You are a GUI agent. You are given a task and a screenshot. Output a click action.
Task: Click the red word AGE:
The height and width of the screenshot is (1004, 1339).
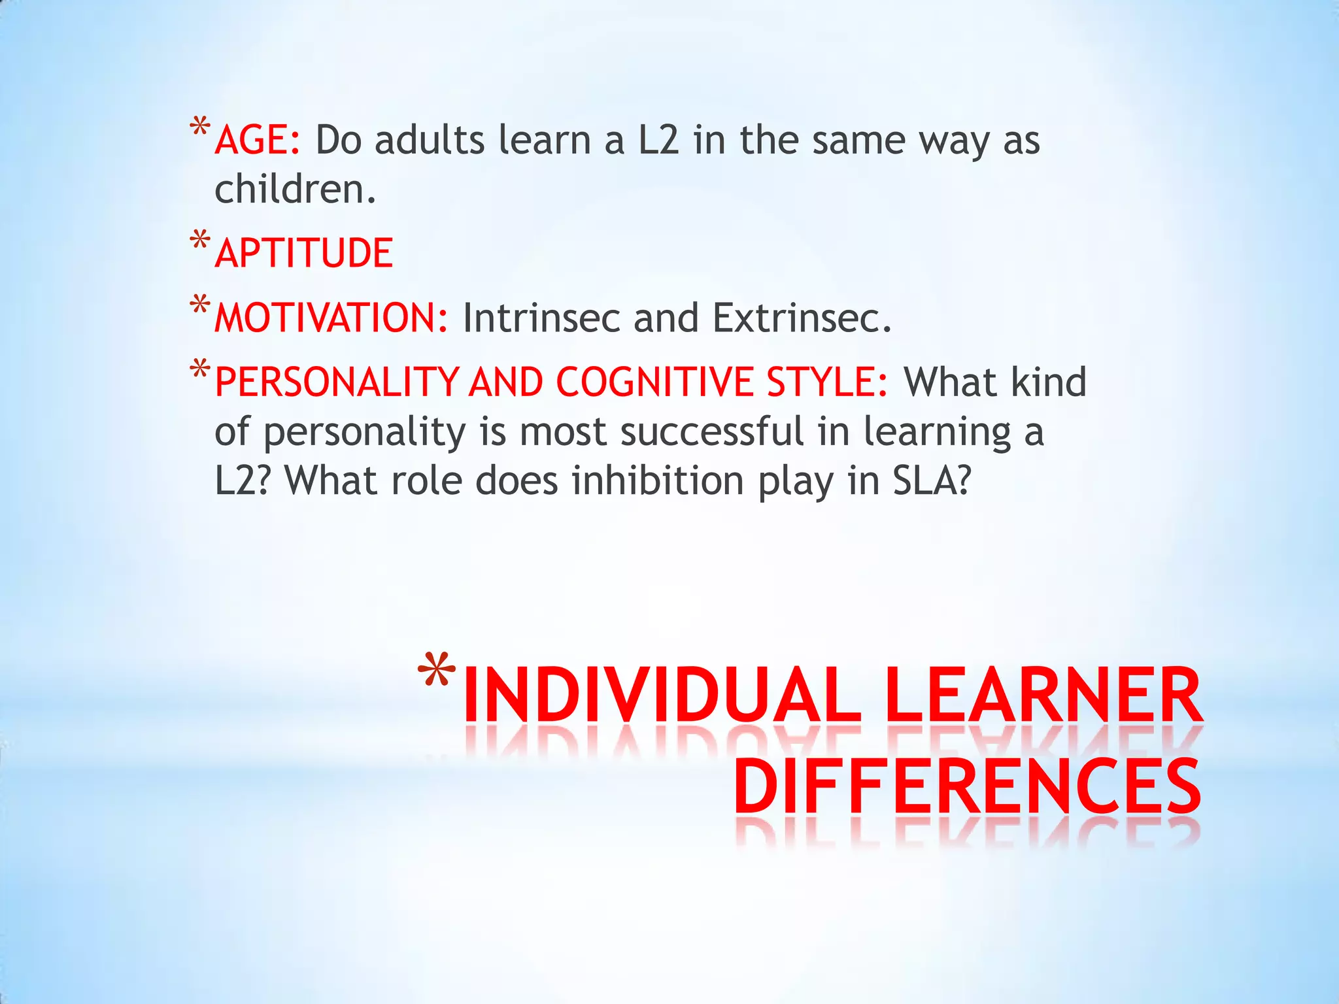pos(258,140)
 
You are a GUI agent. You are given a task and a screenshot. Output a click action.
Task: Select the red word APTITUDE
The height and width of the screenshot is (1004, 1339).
pos(304,254)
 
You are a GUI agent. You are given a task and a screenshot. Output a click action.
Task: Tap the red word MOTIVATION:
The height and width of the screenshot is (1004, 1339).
pos(331,318)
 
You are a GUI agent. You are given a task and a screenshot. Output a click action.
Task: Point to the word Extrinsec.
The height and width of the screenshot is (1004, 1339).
pos(802,318)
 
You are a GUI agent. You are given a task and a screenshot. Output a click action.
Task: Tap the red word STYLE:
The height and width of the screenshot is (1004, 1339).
pos(827,382)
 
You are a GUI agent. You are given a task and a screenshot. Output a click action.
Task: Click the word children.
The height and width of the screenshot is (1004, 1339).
pos(295,190)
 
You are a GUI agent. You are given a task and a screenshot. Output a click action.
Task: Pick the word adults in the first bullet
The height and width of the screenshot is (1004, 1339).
pos(430,140)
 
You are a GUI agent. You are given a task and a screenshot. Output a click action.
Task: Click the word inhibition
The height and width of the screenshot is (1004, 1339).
pos(658,480)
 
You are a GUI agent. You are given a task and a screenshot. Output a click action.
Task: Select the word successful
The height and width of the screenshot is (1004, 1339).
pos(712,432)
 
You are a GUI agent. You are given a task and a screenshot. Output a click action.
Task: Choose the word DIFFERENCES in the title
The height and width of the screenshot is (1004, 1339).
pos(967,787)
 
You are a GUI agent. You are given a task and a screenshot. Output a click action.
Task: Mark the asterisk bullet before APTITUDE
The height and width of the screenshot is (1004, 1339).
pos(200,241)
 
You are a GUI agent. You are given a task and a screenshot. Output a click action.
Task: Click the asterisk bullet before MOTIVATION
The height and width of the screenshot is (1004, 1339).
pos(200,306)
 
